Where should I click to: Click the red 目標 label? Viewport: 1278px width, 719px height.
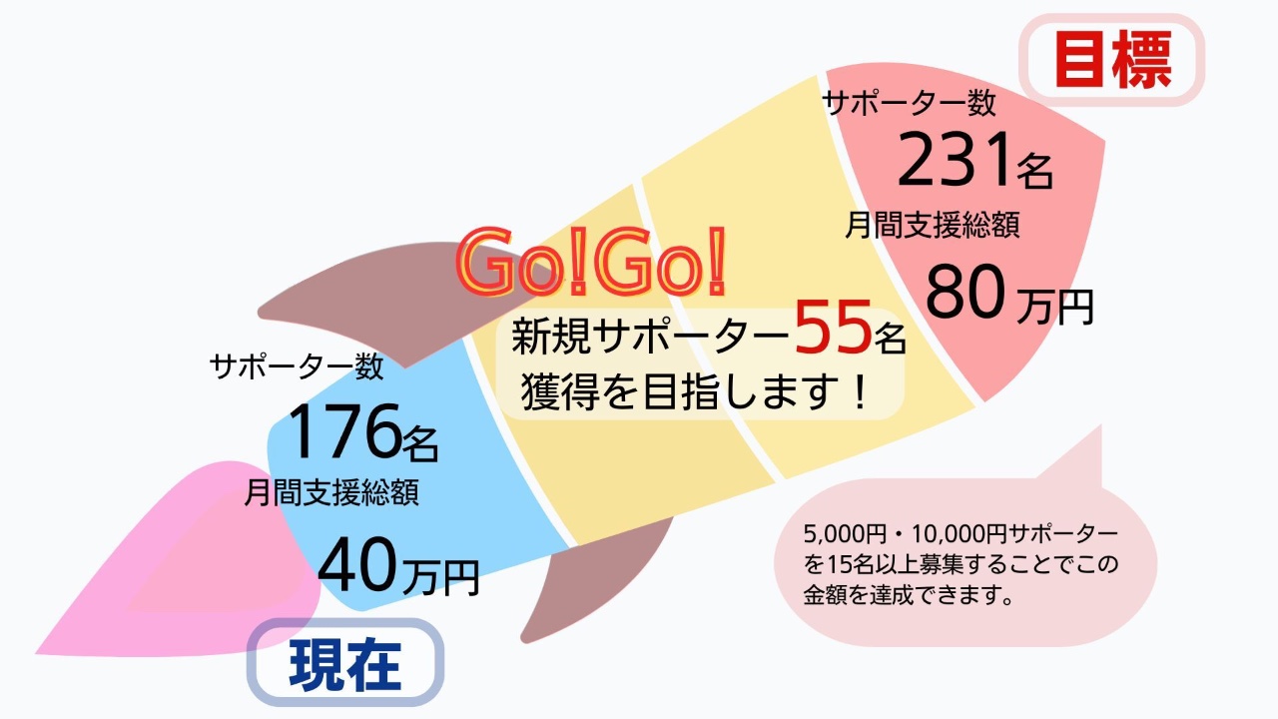click(x=1112, y=61)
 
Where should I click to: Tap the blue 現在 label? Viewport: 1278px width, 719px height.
click(x=344, y=664)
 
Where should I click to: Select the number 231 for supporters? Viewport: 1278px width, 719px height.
click(x=956, y=163)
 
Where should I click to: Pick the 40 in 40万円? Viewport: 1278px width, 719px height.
click(x=358, y=566)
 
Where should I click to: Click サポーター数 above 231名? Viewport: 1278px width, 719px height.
click(x=909, y=103)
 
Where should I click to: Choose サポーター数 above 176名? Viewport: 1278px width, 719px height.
click(x=297, y=367)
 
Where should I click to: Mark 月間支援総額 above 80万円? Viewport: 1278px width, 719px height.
click(x=933, y=225)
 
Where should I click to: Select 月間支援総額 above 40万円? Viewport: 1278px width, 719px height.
click(x=331, y=492)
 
